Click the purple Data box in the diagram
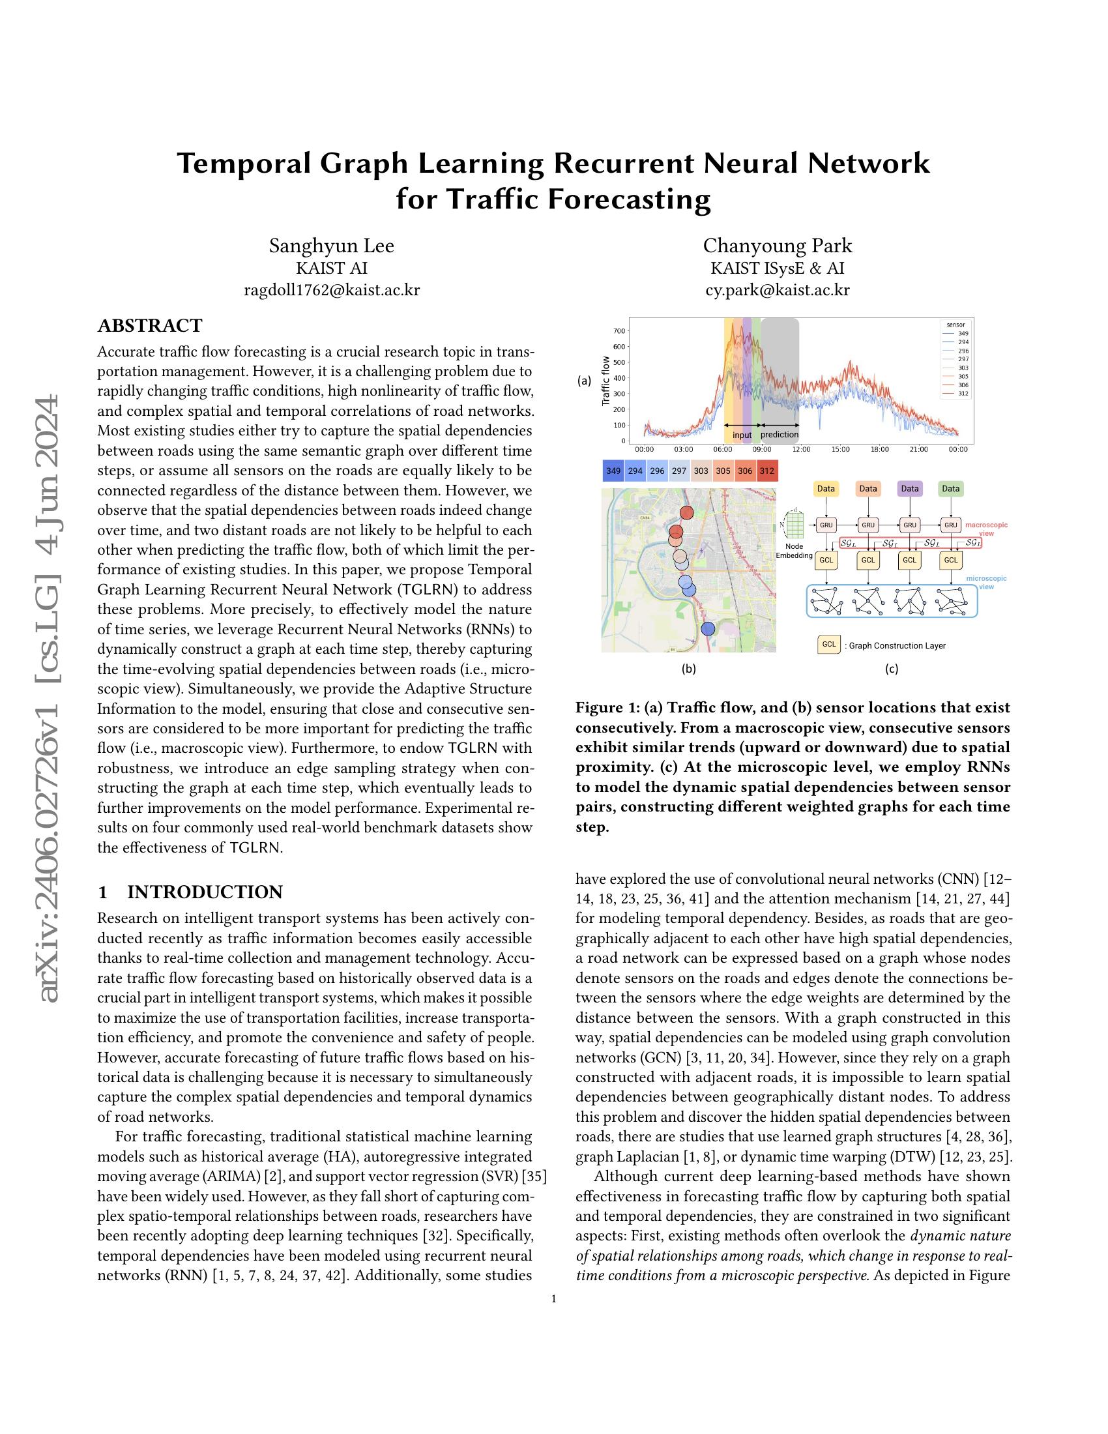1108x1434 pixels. [x=909, y=488]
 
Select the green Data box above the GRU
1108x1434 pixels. [x=950, y=488]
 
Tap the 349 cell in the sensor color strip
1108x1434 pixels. [x=613, y=471]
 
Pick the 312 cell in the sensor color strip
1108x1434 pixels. [x=766, y=471]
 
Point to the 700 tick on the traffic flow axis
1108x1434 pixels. [x=619, y=331]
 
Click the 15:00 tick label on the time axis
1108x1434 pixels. [x=840, y=449]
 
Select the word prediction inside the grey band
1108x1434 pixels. [x=780, y=435]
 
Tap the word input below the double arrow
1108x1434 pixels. [x=742, y=435]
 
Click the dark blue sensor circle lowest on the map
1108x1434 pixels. [x=708, y=629]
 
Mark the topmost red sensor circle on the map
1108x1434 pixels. [x=686, y=513]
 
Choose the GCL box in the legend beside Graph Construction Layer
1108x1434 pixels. [x=829, y=645]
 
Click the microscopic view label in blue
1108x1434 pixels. [x=986, y=582]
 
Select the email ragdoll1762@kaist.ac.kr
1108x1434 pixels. [x=332, y=290]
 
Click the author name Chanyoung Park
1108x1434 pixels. [x=777, y=246]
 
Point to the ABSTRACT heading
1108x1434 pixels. [x=150, y=326]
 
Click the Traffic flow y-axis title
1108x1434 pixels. [x=606, y=380]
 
